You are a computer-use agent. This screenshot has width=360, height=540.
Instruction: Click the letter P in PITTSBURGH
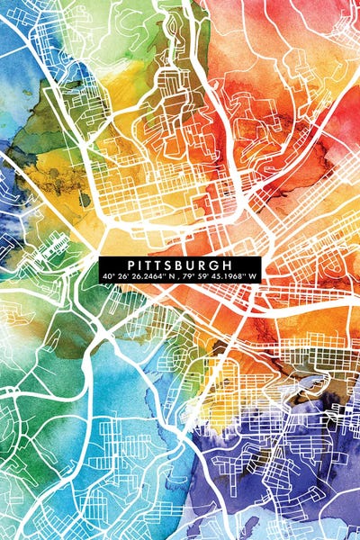[132, 265]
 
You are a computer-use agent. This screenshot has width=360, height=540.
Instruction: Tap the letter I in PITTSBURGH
[143, 265]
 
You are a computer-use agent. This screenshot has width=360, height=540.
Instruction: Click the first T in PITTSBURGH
[153, 265]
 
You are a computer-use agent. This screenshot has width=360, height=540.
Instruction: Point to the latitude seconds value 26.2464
[145, 274]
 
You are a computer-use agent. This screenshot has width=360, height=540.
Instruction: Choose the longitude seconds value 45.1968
[229, 274]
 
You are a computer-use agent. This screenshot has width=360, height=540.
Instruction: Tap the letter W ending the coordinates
[254, 274]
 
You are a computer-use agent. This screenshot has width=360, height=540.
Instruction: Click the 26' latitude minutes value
[122, 274]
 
